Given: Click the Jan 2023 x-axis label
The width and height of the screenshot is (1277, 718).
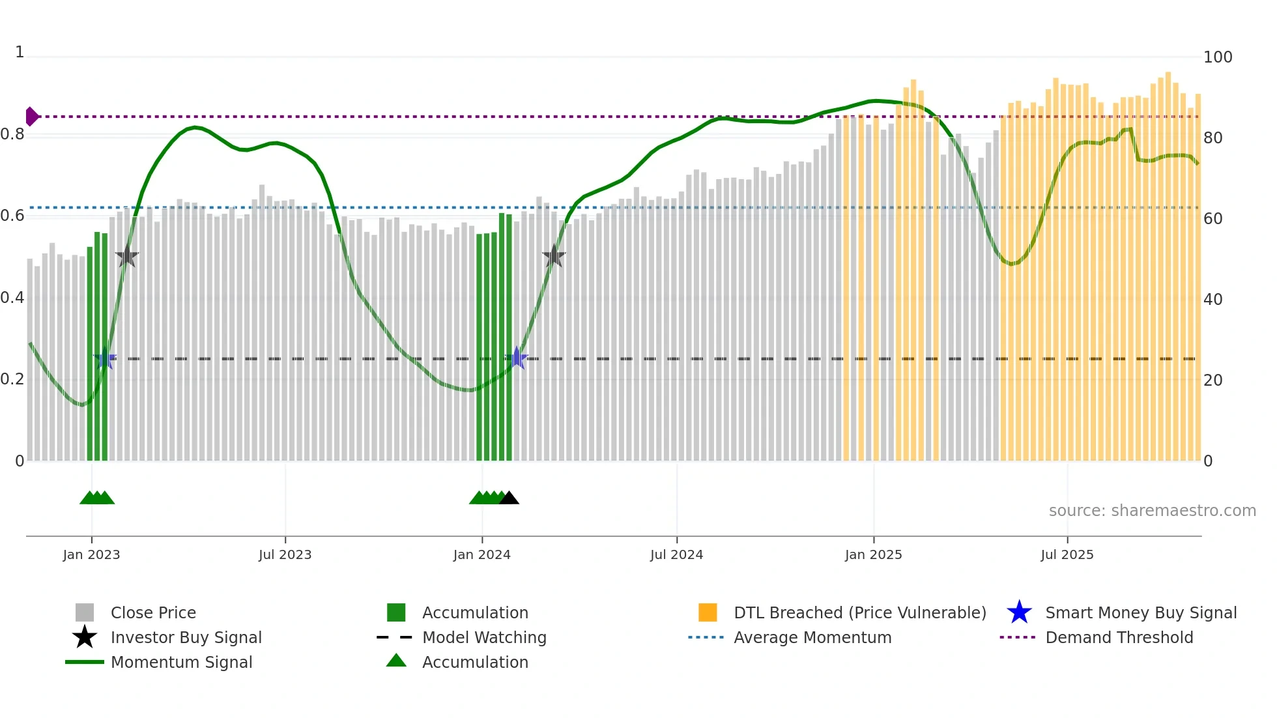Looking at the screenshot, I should pyautogui.click(x=91, y=554).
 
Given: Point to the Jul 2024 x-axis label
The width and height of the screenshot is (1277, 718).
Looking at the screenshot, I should pyautogui.click(x=676, y=554).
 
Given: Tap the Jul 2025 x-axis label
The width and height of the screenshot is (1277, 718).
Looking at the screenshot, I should pyautogui.click(x=1067, y=554).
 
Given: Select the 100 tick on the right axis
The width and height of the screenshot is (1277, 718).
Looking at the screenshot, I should pyautogui.click(x=1217, y=57).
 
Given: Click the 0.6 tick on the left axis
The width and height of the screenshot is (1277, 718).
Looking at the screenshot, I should pyautogui.click(x=13, y=216).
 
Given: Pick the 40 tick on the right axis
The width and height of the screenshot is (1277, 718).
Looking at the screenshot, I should pyautogui.click(x=1212, y=300).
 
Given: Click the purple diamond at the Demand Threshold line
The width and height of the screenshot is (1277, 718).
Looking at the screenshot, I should pyautogui.click(x=31, y=117).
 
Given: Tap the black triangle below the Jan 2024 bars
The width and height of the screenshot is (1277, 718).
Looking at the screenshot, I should pyautogui.click(x=509, y=498).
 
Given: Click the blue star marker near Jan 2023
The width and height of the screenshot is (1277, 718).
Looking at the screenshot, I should pyautogui.click(x=104, y=358).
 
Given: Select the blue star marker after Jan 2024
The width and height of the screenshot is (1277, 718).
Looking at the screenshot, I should pyautogui.click(x=517, y=358).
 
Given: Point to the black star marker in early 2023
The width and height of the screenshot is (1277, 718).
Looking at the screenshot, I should pyautogui.click(x=127, y=257).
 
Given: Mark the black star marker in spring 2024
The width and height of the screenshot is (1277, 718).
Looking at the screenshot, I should pyautogui.click(x=554, y=257).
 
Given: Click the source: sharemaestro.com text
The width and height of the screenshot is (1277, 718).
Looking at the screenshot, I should pyautogui.click(x=1152, y=511).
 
